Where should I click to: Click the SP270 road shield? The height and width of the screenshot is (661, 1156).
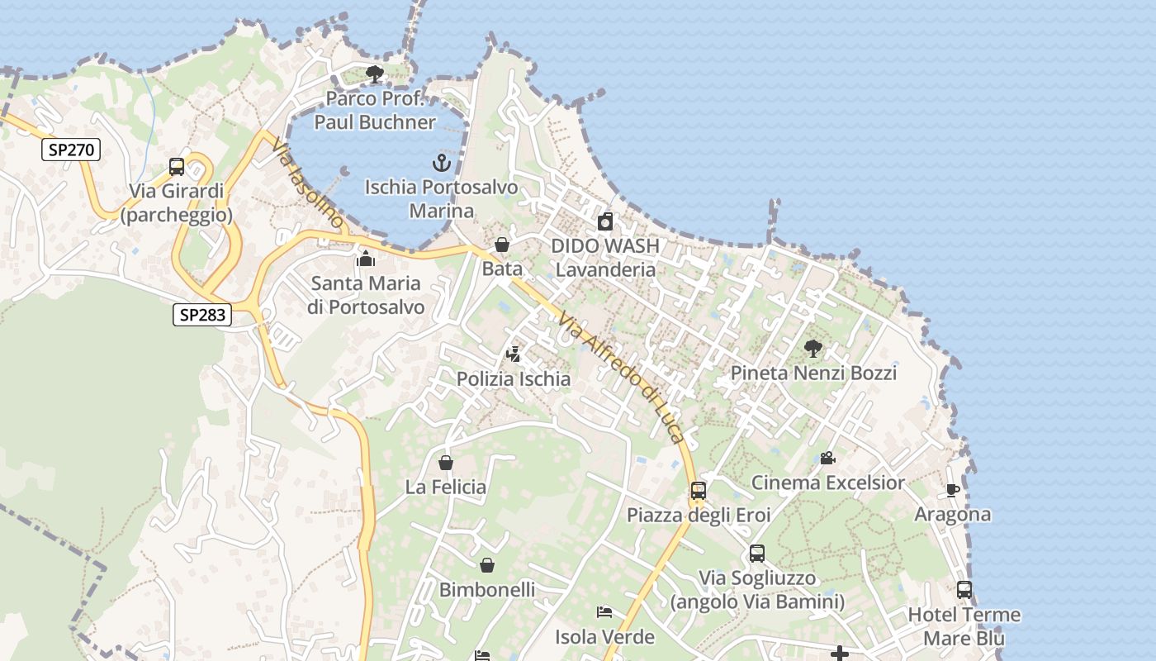pyautogui.click(x=71, y=150)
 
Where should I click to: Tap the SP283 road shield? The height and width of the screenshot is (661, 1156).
pyautogui.click(x=202, y=314)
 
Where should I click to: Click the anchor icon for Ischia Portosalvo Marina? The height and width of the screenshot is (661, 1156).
pyautogui.click(x=441, y=162)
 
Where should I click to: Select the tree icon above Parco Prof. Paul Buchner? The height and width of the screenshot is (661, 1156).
pyautogui.click(x=375, y=74)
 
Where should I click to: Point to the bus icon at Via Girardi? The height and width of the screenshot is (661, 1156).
pyautogui.click(x=176, y=166)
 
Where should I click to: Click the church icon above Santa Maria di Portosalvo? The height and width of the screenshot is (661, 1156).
pyautogui.click(x=365, y=259)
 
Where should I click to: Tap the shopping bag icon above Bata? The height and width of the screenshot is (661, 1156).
pyautogui.click(x=501, y=245)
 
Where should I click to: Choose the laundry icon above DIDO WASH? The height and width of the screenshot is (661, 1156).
pyautogui.click(x=605, y=221)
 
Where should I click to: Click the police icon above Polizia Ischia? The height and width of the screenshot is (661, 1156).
pyautogui.click(x=513, y=354)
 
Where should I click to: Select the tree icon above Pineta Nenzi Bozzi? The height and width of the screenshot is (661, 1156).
pyautogui.click(x=813, y=348)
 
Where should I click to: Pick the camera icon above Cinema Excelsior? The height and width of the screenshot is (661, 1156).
pyautogui.click(x=827, y=458)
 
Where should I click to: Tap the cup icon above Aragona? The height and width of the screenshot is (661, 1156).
pyautogui.click(x=952, y=490)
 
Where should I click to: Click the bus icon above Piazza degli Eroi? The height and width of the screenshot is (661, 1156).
pyautogui.click(x=699, y=491)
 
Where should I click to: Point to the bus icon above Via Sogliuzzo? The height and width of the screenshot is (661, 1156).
pyautogui.click(x=757, y=554)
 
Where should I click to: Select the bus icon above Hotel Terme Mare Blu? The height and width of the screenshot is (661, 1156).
pyautogui.click(x=964, y=590)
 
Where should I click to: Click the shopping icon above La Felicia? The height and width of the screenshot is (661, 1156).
pyautogui.click(x=446, y=463)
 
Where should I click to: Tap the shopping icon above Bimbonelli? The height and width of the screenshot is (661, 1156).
pyautogui.click(x=487, y=565)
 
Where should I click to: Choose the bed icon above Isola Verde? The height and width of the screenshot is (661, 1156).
pyautogui.click(x=604, y=612)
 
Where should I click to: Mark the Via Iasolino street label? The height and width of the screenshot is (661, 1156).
pyautogui.click(x=305, y=183)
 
